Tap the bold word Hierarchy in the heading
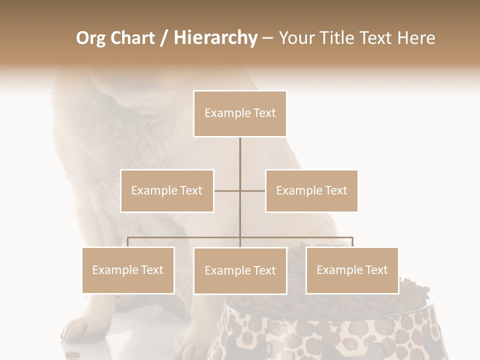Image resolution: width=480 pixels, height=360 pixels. (x=215, y=38)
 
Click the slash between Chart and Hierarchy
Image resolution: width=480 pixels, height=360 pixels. (x=164, y=38)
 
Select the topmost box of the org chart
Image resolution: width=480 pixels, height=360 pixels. (x=240, y=113)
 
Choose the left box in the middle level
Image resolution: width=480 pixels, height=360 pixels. (x=167, y=190)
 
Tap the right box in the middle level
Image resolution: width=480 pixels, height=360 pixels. (x=311, y=190)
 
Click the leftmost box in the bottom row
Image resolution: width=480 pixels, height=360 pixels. (x=128, y=270)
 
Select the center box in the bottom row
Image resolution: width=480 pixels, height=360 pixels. (x=240, y=270)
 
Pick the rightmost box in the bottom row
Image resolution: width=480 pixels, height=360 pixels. (x=352, y=270)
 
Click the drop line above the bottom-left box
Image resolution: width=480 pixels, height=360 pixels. (x=128, y=242)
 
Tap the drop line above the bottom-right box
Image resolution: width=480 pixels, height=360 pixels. (x=352, y=242)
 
